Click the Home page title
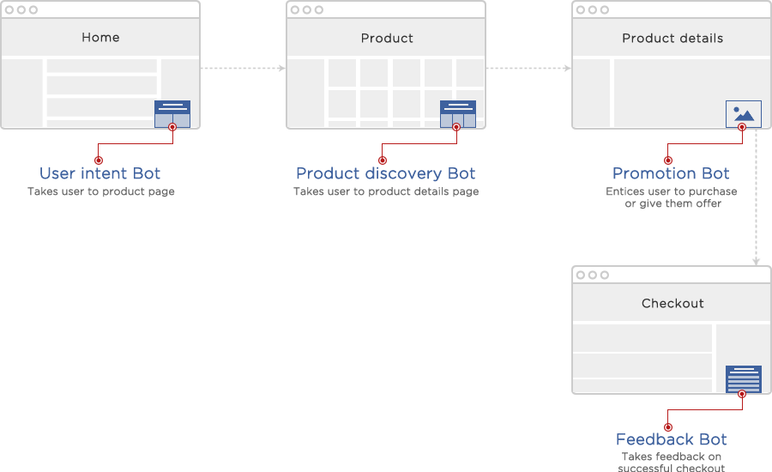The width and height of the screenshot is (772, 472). point(100,38)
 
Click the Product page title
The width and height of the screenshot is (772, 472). point(387,39)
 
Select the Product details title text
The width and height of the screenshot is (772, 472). point(672,39)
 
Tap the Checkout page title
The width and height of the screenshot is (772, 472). point(672,304)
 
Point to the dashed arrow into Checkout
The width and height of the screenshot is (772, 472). point(757,197)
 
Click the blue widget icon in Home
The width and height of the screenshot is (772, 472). point(172,114)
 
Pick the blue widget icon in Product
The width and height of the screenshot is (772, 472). point(457,114)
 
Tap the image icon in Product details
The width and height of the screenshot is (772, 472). point(743,114)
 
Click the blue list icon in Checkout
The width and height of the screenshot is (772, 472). point(743,378)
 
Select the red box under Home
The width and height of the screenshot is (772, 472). point(136,144)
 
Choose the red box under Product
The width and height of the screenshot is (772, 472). point(419,144)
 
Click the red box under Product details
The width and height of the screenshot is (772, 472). point(705,144)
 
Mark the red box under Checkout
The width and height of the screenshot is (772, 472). point(705,410)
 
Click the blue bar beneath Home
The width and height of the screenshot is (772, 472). point(100,173)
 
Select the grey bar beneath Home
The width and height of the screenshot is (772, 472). point(101,192)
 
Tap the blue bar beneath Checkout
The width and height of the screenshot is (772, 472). point(672,439)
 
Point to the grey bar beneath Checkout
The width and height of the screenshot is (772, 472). point(671,462)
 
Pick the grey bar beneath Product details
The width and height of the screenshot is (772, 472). point(672,198)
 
